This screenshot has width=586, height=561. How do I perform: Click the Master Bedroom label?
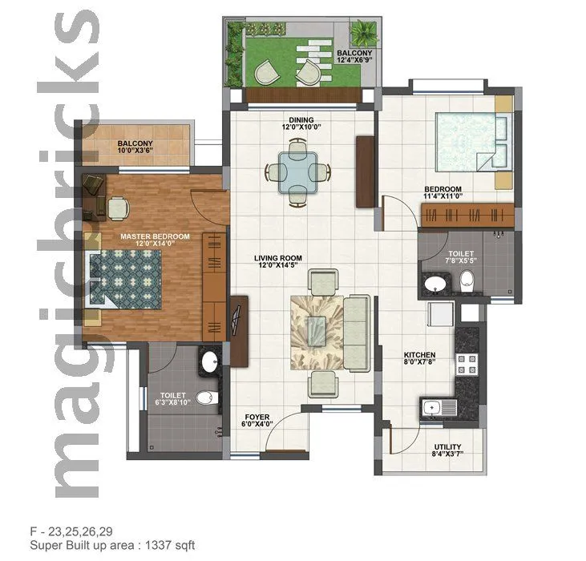click(x=155, y=236)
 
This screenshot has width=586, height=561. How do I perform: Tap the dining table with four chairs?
click(x=297, y=169)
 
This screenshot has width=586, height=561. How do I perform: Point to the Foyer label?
click(x=257, y=418)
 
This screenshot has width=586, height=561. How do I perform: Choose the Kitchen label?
click(x=419, y=354)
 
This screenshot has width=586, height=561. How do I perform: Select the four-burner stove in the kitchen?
click(x=467, y=365)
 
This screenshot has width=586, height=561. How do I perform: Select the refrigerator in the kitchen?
click(x=440, y=317)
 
